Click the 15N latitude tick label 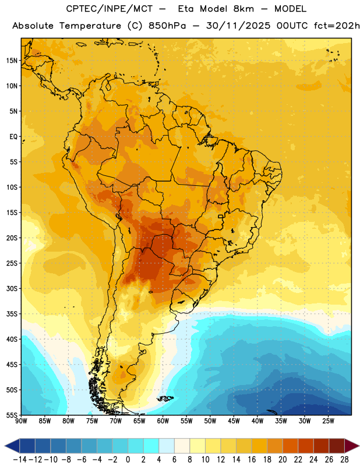[12, 61]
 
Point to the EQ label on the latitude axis [13, 137]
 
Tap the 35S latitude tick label [12, 314]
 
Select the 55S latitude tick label [12, 415]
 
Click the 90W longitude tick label [21, 421]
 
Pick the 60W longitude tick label [163, 421]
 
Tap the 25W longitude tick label [328, 421]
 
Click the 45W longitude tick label [234, 421]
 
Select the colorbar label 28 [344, 460]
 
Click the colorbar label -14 [20, 460]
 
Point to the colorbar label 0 [128, 460]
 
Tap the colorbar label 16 [252, 460]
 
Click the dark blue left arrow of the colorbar [12, 446]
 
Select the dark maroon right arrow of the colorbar [352, 446]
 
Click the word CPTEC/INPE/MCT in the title [109, 9]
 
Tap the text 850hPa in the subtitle [167, 26]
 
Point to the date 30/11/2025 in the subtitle [238, 26]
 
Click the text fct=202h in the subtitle [337, 26]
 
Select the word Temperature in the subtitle [90, 26]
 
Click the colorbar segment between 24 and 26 [322, 446]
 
